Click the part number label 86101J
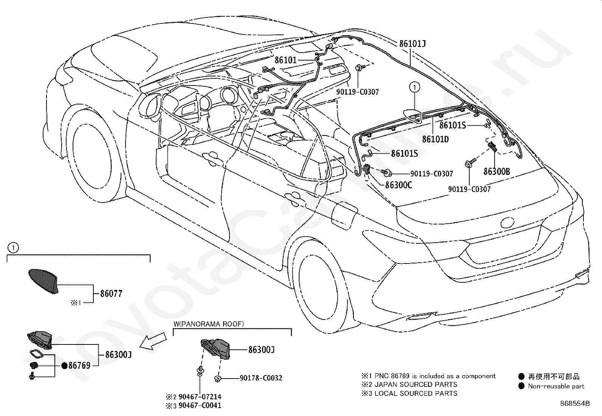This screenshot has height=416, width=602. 412,44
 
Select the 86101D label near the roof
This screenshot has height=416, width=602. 435,139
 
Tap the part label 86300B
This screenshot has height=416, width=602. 496,171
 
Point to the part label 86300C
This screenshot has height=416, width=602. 399,185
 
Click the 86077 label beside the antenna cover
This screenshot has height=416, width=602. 111,293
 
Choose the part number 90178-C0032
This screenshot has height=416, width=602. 261,378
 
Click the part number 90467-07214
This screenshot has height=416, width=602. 200,397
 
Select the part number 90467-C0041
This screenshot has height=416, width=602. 200,405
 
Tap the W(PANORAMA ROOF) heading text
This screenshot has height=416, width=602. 209,324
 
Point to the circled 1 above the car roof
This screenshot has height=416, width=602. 415,87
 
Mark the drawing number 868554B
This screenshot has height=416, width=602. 575,404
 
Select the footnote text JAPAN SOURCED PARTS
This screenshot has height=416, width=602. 416,385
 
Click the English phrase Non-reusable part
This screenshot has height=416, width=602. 556,386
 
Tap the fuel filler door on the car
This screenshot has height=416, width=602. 344,215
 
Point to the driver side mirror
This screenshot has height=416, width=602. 149,106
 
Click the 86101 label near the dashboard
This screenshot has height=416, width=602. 285,60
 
